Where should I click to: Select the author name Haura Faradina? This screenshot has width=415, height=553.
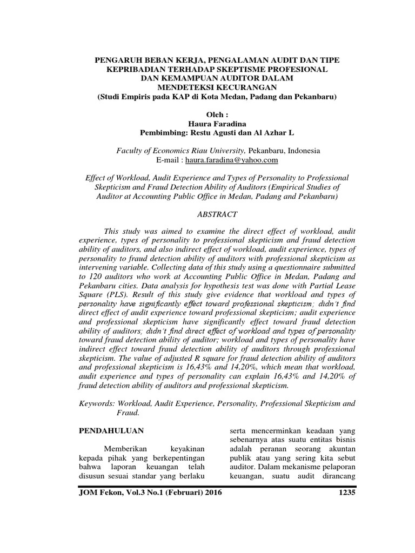207,123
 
